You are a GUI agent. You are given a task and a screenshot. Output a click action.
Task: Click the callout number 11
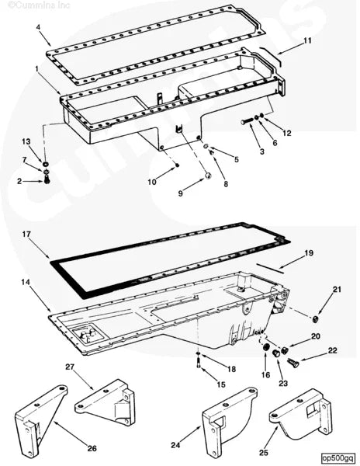pos(307,40)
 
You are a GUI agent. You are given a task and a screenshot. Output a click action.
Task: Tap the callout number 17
pos(26,235)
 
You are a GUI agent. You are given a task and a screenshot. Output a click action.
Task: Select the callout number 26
pos(92,448)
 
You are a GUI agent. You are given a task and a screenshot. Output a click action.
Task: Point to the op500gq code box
pos(338,458)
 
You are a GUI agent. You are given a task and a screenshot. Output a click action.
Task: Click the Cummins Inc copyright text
pos(39,5)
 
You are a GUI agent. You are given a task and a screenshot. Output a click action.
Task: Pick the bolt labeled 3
pos(247,121)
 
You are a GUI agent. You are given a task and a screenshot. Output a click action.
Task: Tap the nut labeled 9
pos(208,176)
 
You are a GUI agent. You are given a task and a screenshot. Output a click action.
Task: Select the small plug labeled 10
pos(177,165)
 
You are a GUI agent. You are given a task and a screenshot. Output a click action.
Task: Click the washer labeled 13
pos(46,164)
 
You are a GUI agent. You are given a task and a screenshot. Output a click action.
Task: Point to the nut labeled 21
pos(315,319)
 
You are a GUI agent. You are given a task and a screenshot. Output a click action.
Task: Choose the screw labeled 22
pos(293,363)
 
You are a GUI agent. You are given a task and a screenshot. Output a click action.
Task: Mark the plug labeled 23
pos(277,353)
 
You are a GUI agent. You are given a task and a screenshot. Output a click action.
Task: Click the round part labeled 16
pos(265,348)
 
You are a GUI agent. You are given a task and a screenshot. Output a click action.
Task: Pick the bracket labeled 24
pos(229,422)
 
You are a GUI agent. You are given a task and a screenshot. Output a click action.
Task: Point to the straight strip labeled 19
pos(270,268)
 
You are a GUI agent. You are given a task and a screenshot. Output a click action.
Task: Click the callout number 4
pos(38,27)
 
